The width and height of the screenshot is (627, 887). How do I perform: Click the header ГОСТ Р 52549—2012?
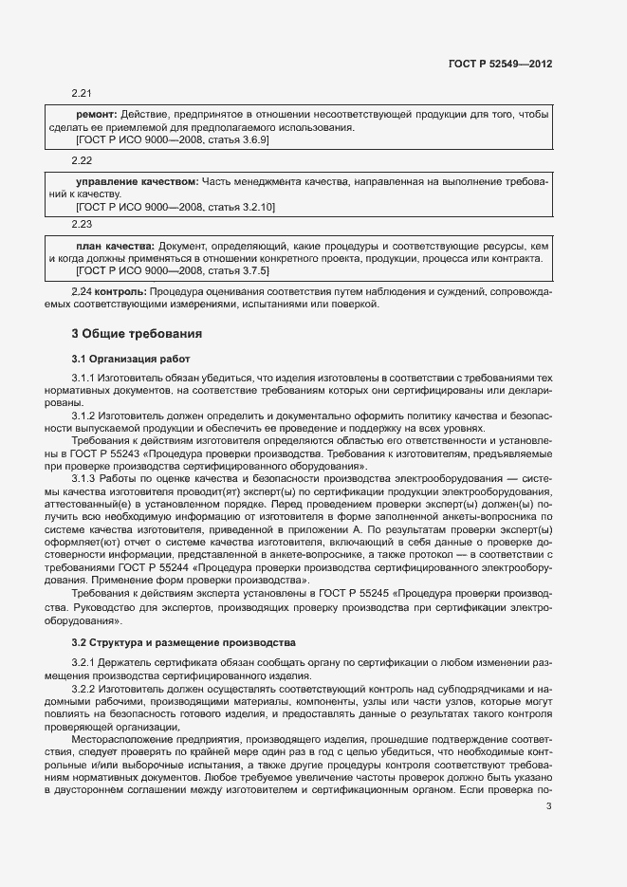(499, 64)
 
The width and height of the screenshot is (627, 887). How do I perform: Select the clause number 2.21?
(82, 93)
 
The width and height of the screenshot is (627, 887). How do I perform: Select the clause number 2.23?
(82, 224)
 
